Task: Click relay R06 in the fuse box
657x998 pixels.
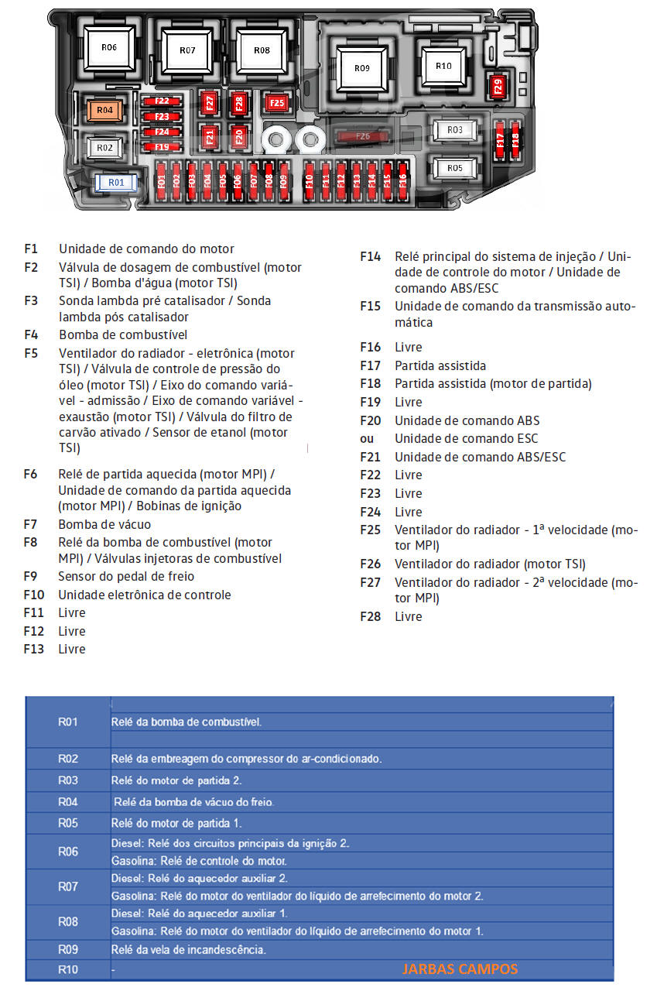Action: tap(109, 47)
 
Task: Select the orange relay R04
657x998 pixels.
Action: tap(105, 111)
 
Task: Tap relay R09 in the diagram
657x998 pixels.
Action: tap(362, 68)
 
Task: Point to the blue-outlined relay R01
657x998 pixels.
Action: tap(115, 182)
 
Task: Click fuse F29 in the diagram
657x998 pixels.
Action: tap(498, 87)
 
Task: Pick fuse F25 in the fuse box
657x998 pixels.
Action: tap(276, 102)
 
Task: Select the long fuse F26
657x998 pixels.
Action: tap(362, 137)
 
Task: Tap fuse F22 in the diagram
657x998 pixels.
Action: tap(162, 101)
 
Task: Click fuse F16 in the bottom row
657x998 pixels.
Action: tap(402, 181)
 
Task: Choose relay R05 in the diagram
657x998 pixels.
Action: tap(455, 168)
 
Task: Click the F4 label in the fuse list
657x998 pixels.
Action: tap(31, 334)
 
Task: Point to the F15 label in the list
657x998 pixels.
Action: tap(370, 306)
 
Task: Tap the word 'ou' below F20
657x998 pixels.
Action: tap(367, 438)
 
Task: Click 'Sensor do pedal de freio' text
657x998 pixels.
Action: tap(126, 576)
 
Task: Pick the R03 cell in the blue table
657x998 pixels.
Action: tap(68, 780)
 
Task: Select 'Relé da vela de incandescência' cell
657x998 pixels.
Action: tap(189, 949)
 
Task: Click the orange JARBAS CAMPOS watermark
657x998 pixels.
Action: tap(460, 969)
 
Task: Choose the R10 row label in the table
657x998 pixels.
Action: tap(68, 969)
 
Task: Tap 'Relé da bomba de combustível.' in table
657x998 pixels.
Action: tap(186, 722)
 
